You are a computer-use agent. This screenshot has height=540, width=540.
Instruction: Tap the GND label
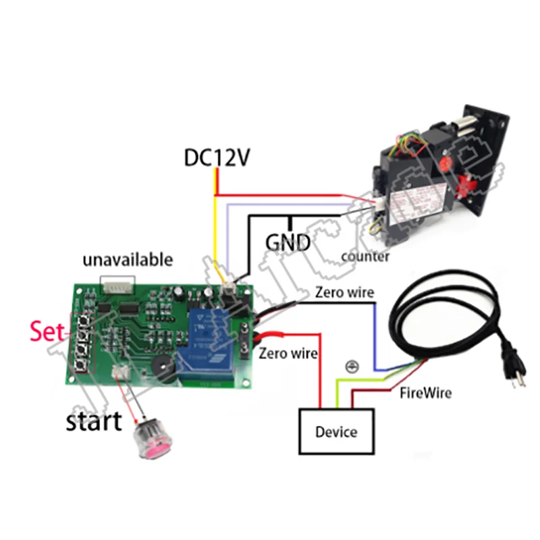pyautogui.click(x=288, y=242)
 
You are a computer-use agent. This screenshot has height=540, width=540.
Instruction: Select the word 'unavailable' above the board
pyautogui.click(x=128, y=260)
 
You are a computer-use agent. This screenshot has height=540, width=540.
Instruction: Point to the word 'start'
pyautogui.click(x=94, y=421)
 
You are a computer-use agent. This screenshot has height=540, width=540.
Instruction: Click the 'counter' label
pyautogui.click(x=365, y=256)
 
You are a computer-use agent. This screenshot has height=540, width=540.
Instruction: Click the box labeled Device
pyautogui.click(x=336, y=432)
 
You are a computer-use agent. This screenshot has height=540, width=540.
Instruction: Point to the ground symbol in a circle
pyautogui.click(x=350, y=367)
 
